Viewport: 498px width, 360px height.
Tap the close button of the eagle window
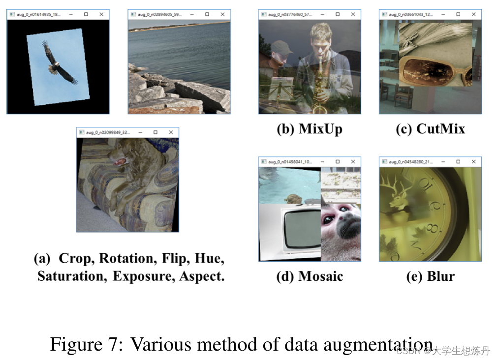pyautogui.click(x=101, y=15)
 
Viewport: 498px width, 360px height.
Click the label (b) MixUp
pyautogui.click(x=309, y=129)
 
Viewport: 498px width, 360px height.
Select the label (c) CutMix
pyautogui.click(x=430, y=129)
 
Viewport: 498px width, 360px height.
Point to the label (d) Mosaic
pyautogui.click(x=310, y=276)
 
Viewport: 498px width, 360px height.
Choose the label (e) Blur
pyautogui.click(x=430, y=276)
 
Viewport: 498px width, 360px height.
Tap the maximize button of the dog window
pyautogui.click(x=156, y=132)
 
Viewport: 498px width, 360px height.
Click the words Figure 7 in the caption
pyautogui.click(x=86, y=344)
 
